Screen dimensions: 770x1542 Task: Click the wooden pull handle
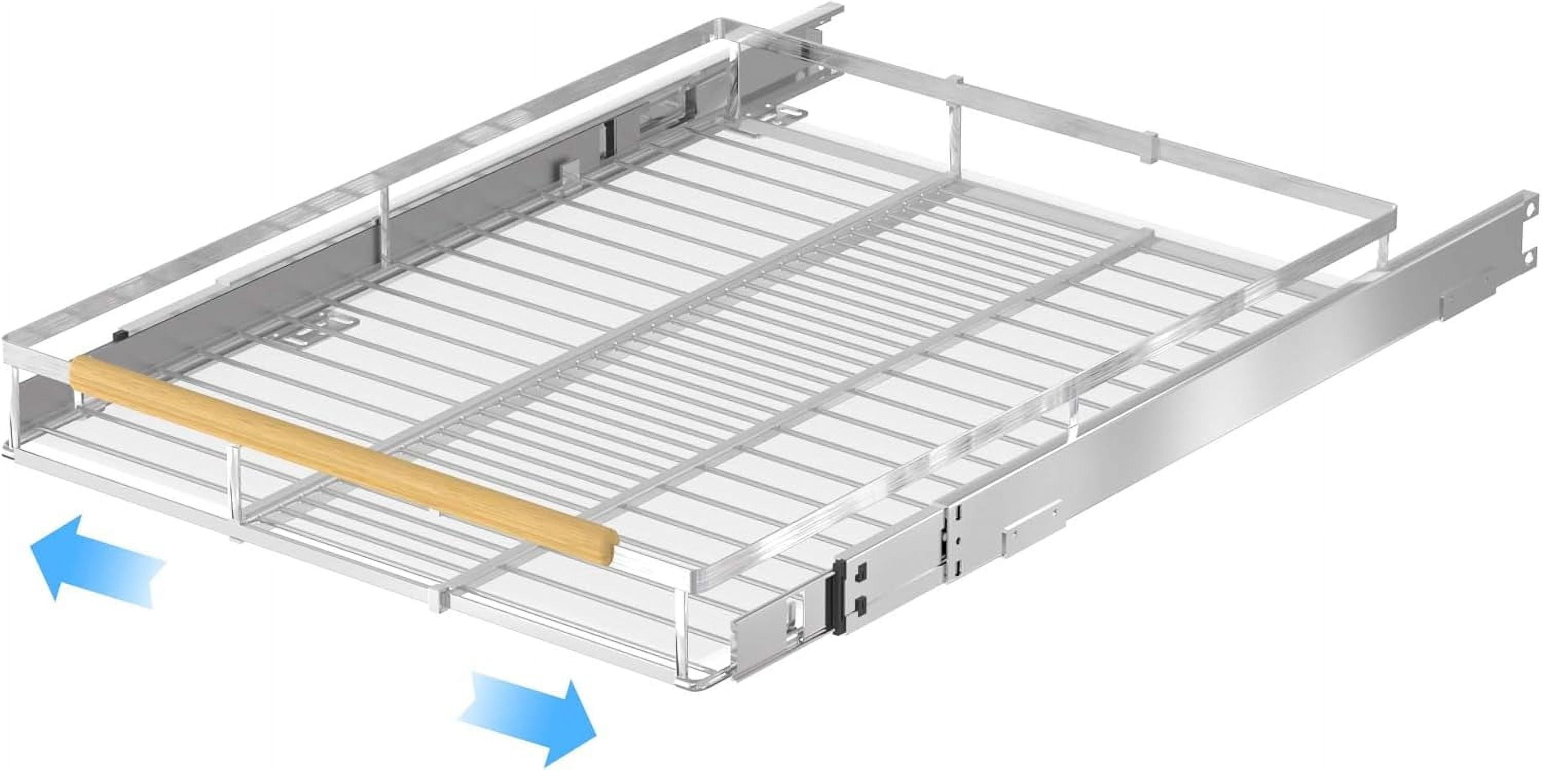pos(341,455)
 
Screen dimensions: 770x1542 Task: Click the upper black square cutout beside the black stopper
pos(862,573)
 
